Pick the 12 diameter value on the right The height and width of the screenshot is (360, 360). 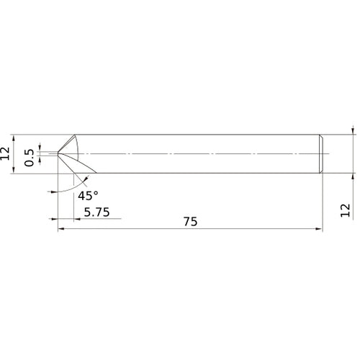click(x=347, y=210)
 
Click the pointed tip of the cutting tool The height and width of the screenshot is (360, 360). click(x=58, y=153)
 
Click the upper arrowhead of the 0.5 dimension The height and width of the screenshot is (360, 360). click(x=40, y=147)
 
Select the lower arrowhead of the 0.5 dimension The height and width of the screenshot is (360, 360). click(x=40, y=160)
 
